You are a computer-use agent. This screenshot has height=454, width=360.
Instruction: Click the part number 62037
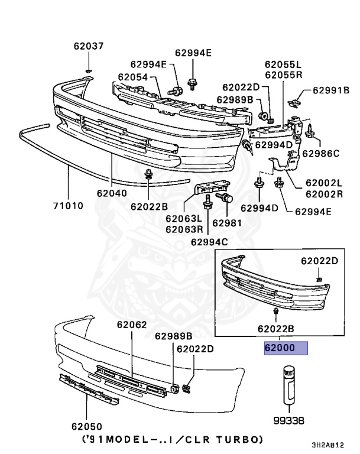(88, 46)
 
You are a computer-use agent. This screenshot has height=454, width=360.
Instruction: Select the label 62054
(132, 76)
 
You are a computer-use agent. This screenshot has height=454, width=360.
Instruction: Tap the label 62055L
(283, 64)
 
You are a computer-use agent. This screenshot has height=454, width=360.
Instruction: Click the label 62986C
(321, 154)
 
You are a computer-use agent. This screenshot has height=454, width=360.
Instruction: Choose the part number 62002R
(324, 193)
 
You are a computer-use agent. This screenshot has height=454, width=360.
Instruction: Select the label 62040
(112, 193)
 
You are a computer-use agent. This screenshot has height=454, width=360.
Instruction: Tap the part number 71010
(66, 206)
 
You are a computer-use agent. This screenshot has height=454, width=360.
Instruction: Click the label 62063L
(184, 219)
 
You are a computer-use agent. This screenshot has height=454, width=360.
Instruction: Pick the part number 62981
(227, 223)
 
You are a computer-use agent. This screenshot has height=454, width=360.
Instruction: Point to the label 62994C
(209, 241)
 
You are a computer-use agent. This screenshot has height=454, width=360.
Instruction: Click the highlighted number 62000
(287, 348)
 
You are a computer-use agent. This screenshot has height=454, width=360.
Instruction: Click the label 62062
(131, 325)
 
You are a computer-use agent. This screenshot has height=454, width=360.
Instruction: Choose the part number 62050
(87, 426)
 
